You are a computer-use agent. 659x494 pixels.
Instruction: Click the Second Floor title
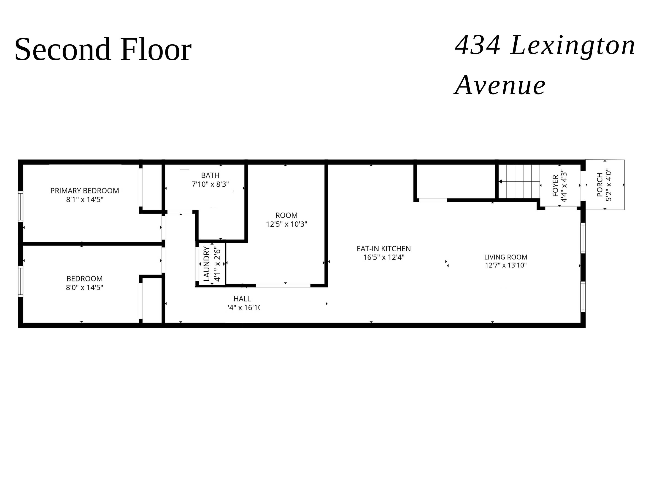coord(103,49)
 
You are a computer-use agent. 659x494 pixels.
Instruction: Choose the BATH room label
coord(210,175)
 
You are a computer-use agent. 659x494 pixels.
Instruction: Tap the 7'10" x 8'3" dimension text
coord(210,184)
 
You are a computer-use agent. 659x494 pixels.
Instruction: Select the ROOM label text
coord(286,215)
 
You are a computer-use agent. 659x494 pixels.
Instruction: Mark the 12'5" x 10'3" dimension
coord(286,224)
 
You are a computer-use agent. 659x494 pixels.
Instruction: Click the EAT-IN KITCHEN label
coord(384,249)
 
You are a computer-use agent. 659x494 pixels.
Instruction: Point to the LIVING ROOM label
coord(505,257)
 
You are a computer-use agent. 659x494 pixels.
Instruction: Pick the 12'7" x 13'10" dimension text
coord(505,265)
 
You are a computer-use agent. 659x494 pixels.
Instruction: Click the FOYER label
coord(555,186)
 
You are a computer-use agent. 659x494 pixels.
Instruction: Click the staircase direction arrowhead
coord(500,182)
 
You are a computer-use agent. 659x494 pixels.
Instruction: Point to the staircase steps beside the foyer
coord(520,182)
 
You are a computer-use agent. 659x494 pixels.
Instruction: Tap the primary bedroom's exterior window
coord(21,207)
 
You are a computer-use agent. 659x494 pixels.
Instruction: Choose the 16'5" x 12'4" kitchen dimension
coord(384,257)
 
